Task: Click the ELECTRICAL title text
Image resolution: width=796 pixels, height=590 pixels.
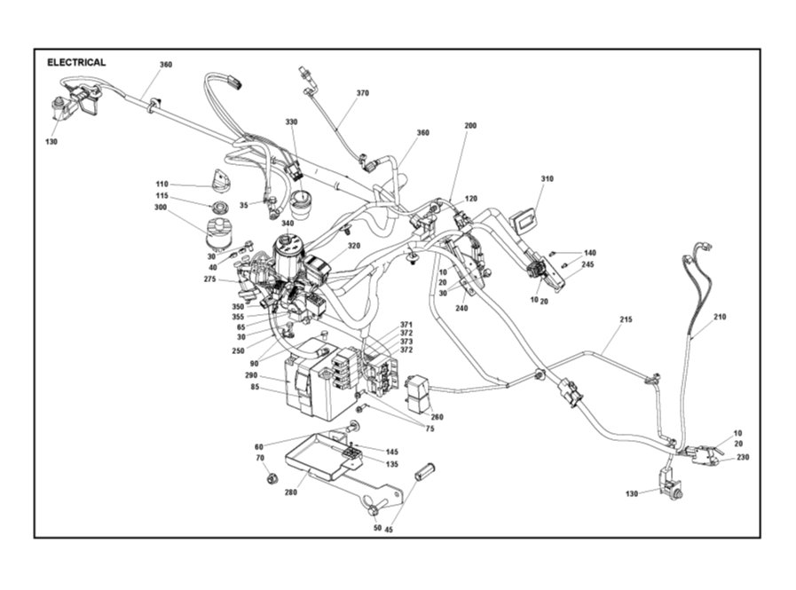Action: click(x=76, y=63)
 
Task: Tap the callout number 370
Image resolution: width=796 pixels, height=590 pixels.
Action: click(x=362, y=93)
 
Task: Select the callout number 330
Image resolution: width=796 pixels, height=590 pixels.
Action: click(x=291, y=122)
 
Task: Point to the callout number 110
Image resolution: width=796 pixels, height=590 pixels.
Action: click(x=162, y=185)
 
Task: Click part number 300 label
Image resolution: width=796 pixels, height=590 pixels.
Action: click(x=160, y=207)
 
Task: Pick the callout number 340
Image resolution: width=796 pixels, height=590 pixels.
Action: click(x=288, y=224)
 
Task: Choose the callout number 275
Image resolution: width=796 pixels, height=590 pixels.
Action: click(x=209, y=279)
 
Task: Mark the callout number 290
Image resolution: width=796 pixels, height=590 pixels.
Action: click(x=251, y=375)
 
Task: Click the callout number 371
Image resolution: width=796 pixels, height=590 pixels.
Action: click(x=406, y=325)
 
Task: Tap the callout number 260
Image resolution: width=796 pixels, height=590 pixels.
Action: click(x=437, y=417)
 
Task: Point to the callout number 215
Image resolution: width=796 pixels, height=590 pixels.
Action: click(x=626, y=319)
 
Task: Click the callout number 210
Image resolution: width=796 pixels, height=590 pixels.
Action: click(x=720, y=317)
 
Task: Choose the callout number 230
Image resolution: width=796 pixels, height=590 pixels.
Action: click(x=743, y=457)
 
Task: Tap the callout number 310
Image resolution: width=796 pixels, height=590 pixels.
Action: click(x=547, y=179)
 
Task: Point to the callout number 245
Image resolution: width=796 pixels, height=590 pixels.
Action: click(x=587, y=264)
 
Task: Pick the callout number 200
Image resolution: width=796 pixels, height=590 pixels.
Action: click(x=470, y=126)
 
